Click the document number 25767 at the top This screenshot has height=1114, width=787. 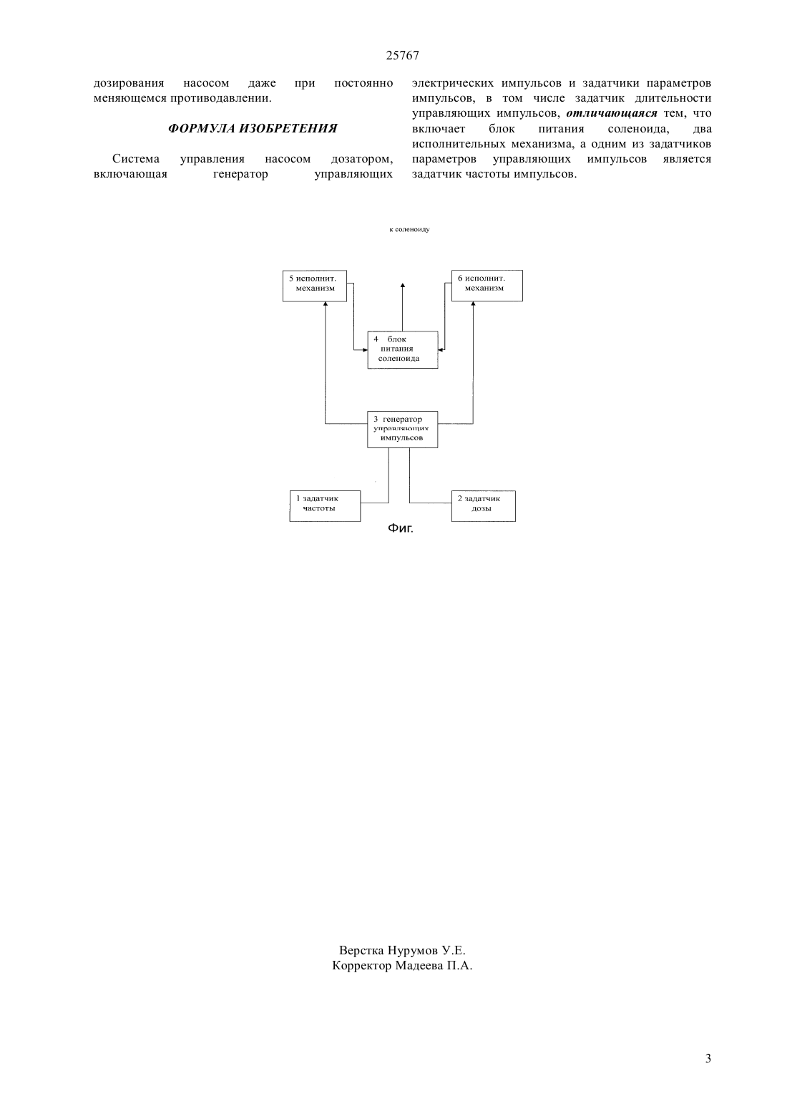pyautogui.click(x=402, y=56)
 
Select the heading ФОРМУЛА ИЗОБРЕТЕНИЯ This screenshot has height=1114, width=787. pyautogui.click(x=253, y=128)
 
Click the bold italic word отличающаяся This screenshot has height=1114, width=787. pyautogui.click(x=612, y=113)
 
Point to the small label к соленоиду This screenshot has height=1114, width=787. pyautogui.click(x=409, y=230)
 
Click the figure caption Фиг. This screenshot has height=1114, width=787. pyautogui.click(x=400, y=528)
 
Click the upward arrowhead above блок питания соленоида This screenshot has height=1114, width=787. pyautogui.click(x=402, y=286)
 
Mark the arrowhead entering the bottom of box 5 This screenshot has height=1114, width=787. pyautogui.click(x=325, y=304)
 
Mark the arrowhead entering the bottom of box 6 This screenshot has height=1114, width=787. pyautogui.click(x=473, y=304)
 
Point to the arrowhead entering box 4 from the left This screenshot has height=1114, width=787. pyautogui.click(x=364, y=349)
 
